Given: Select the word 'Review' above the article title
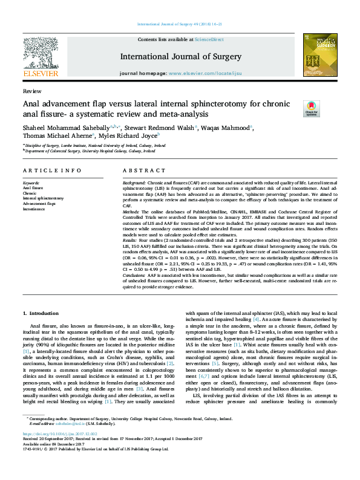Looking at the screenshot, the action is click(28, 90).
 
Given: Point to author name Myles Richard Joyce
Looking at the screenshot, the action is click(136, 137).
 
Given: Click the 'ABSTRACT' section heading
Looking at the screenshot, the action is click(140, 170).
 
